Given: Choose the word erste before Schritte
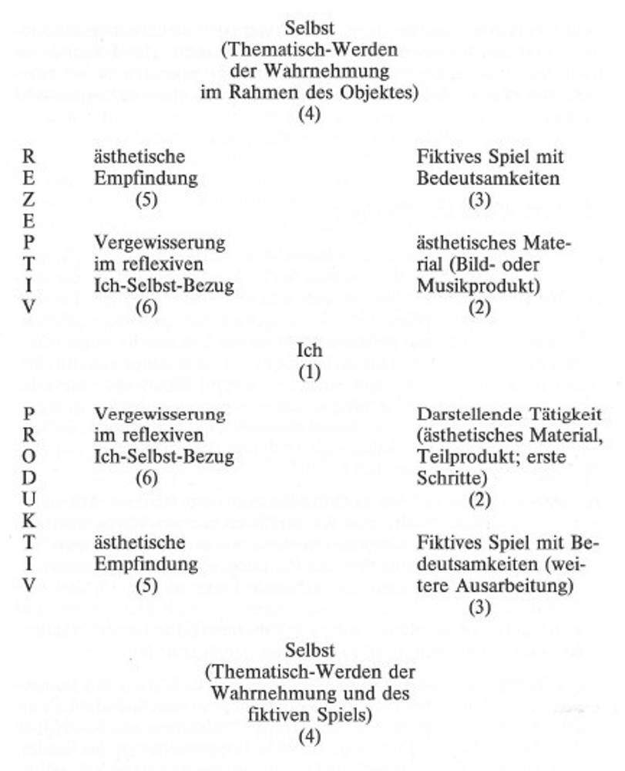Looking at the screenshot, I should point(545,457).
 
